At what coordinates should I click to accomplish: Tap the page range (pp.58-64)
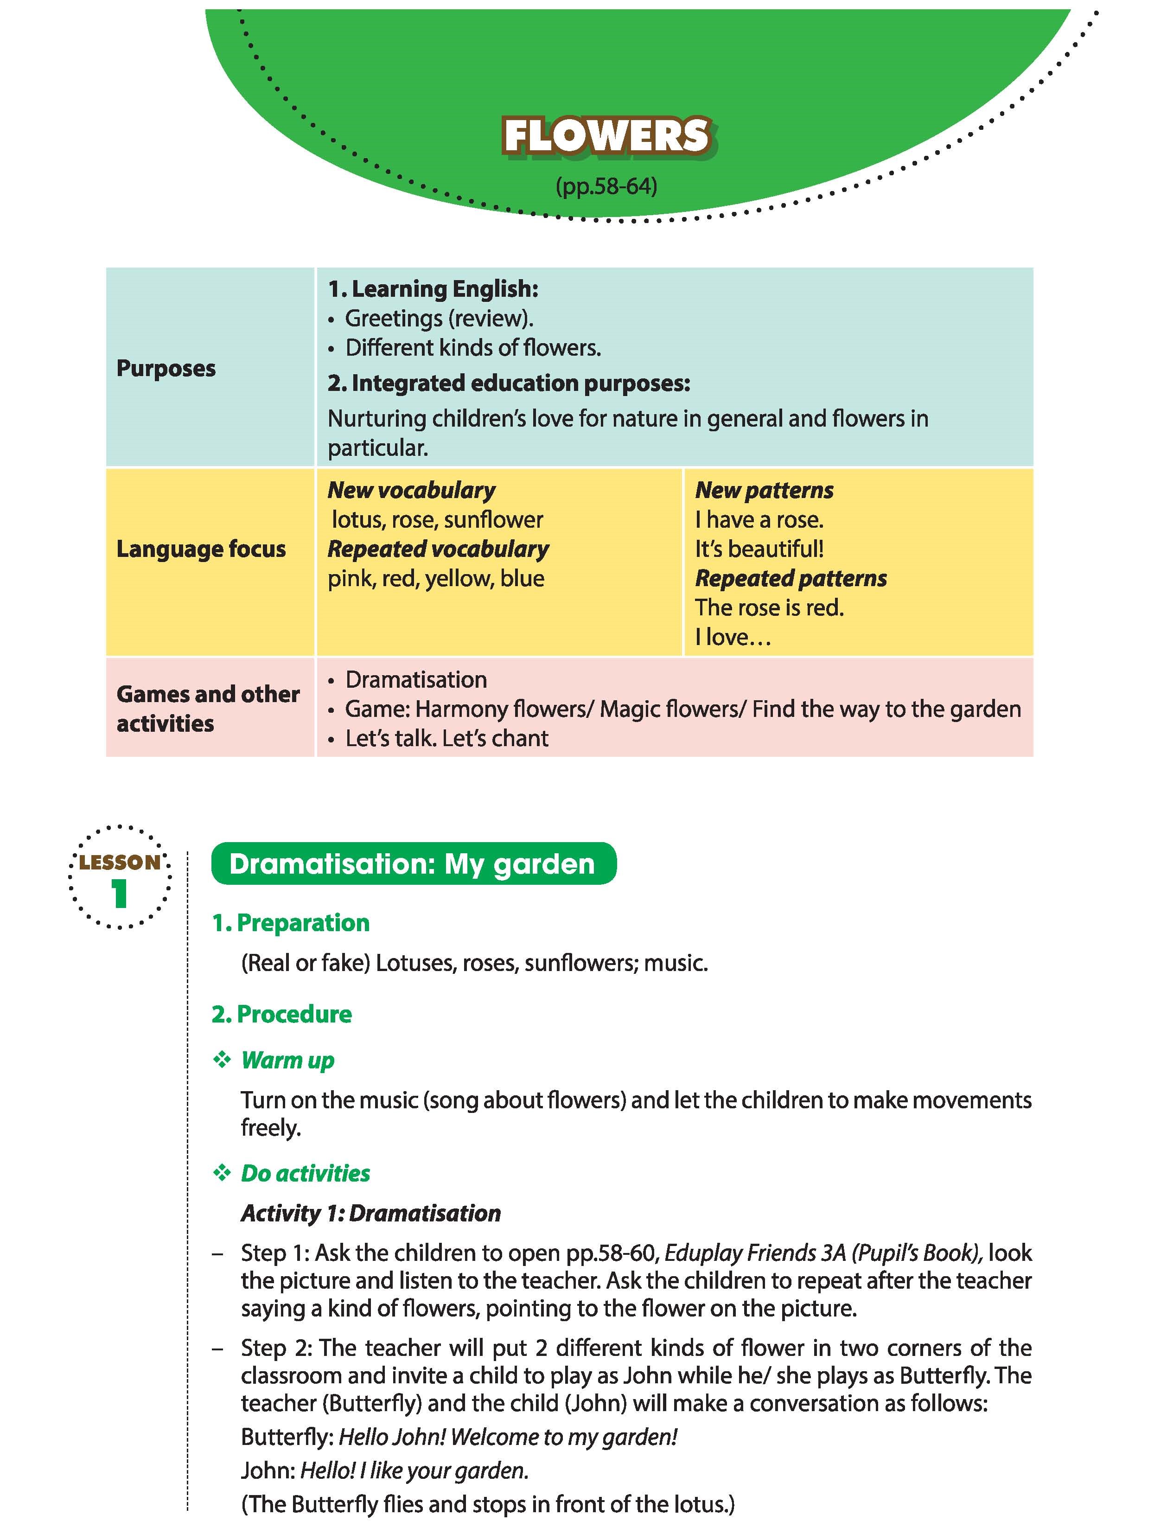pos(606,186)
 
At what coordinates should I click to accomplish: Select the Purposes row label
pos(166,368)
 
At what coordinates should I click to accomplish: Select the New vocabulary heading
pos(411,490)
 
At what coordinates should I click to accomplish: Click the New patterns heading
pos(764,490)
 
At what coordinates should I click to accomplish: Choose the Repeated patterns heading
pos(791,578)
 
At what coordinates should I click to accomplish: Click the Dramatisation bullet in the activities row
pos(415,680)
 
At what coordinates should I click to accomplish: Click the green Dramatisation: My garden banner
pos(413,864)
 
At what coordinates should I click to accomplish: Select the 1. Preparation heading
pos(291,923)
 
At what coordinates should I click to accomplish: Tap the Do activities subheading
pos(305,1173)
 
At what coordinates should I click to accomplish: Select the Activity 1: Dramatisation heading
pos(370,1213)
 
